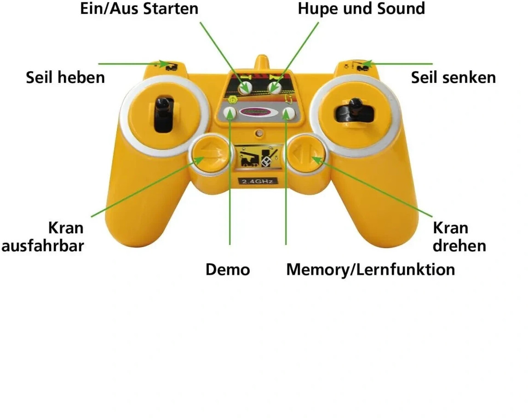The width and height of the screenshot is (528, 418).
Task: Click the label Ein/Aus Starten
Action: pyautogui.click(x=139, y=8)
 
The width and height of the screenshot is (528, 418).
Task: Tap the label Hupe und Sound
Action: pyautogui.click(x=361, y=8)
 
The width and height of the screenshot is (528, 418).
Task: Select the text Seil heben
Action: pyautogui.click(x=65, y=77)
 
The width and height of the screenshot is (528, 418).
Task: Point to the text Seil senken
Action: pyautogui.click(x=453, y=77)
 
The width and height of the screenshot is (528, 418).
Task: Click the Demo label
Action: pyautogui.click(x=228, y=269)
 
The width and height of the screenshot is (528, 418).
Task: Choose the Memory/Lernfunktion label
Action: pyautogui.click(x=370, y=269)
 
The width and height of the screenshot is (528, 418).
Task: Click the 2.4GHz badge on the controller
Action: pyautogui.click(x=258, y=182)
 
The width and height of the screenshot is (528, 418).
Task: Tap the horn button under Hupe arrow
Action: pyautogui.click(x=275, y=86)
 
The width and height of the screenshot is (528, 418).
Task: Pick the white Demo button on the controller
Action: pyautogui.click(x=230, y=112)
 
